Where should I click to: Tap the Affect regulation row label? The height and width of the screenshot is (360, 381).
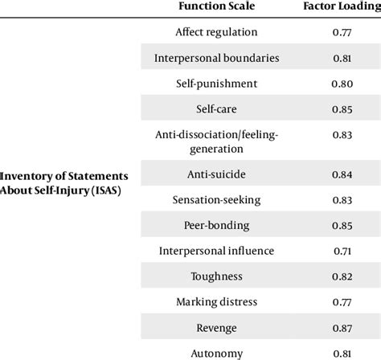216,32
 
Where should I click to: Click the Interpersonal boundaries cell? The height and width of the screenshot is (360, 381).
216,58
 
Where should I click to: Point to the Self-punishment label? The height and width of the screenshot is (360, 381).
216,83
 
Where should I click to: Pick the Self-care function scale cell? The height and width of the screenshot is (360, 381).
216,108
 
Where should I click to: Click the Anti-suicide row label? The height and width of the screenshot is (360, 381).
216,174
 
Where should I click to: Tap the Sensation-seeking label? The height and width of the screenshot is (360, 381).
216,199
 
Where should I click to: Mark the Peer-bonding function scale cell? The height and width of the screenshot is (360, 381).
216,225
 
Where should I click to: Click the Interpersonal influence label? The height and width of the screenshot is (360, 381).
216,251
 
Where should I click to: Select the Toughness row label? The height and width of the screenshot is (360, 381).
216,276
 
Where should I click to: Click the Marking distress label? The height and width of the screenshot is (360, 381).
216,301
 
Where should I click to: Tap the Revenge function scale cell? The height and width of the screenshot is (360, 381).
216,327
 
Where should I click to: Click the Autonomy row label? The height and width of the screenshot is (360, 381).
216,352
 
